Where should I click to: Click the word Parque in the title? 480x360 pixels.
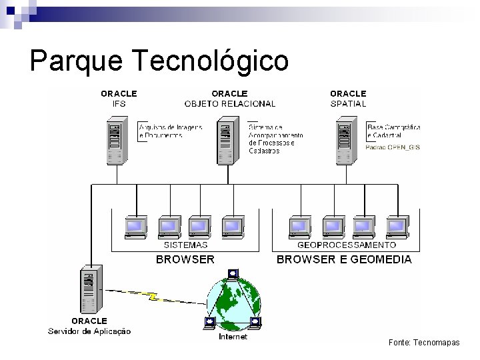73,62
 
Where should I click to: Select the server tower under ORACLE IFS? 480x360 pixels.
117,141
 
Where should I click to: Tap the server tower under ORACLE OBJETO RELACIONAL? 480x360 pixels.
227,141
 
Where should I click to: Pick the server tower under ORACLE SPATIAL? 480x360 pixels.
345,141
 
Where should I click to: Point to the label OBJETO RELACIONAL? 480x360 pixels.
229,104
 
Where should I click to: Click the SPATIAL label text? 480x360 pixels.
348,104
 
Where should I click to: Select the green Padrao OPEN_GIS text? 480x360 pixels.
393,147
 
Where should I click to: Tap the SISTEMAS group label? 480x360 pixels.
185,245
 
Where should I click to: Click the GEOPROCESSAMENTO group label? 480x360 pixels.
347,245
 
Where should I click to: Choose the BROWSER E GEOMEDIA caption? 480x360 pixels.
344,259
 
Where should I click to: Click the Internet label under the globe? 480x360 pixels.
233,337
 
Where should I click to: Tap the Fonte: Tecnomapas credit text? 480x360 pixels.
425,342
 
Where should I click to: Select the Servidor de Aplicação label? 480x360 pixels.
89,331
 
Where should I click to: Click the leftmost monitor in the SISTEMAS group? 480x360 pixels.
137,227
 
